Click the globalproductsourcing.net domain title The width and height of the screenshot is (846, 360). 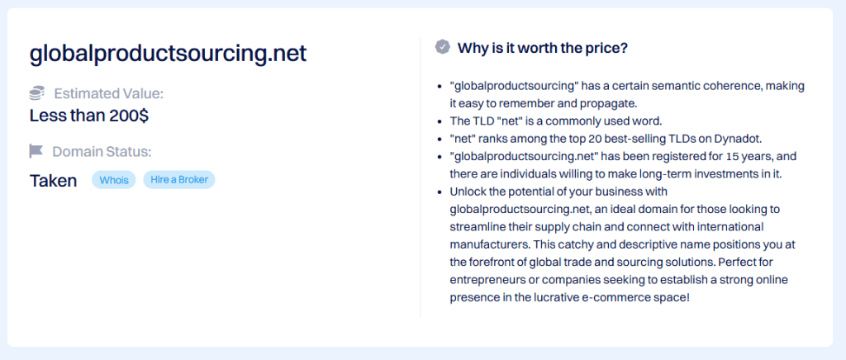tap(168, 54)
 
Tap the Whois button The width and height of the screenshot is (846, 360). tap(114, 180)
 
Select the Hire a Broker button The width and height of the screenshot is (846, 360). tap(179, 180)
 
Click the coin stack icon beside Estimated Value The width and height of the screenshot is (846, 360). tap(36, 94)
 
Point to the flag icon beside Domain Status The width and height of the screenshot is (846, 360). tap(36, 151)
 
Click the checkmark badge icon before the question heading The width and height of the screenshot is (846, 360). tap(443, 47)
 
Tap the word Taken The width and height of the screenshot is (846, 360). tap(54, 181)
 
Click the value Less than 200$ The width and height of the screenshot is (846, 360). tap(89, 116)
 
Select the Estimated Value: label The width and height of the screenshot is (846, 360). tap(108, 94)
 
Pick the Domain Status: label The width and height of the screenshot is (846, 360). tap(102, 151)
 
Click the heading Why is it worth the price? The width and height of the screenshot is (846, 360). tap(542, 47)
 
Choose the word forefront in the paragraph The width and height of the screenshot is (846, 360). tap(487, 262)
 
